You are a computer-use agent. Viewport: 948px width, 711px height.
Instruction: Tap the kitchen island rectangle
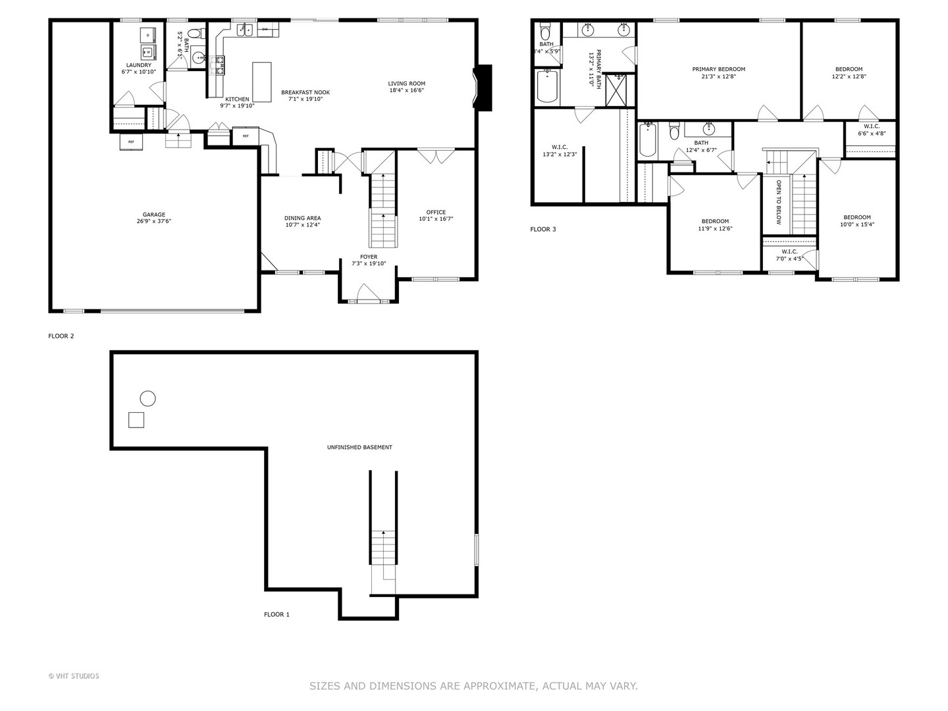(x=262, y=82)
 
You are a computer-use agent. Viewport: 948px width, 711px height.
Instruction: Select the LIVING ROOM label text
(x=406, y=84)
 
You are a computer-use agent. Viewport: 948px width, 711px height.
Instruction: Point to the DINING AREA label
(x=302, y=218)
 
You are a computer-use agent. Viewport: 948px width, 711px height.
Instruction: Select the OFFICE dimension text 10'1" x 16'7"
(x=436, y=219)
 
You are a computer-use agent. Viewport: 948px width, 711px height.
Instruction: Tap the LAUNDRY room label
(x=139, y=65)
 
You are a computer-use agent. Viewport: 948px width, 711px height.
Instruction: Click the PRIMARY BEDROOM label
(x=718, y=69)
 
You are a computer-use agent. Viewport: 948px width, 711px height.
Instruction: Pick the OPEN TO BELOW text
(x=778, y=202)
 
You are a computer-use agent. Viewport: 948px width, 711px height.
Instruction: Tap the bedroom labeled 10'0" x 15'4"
(x=857, y=221)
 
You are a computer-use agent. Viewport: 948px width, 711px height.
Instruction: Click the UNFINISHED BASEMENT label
(x=359, y=447)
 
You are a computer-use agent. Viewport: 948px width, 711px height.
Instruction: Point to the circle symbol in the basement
(x=148, y=398)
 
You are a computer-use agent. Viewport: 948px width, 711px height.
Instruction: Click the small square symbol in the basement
(x=136, y=420)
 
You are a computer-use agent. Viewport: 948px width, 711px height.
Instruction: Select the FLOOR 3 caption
(x=543, y=229)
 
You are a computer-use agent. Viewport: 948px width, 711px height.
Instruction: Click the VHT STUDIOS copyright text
(x=74, y=676)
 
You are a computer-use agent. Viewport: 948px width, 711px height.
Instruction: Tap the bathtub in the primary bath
(x=548, y=87)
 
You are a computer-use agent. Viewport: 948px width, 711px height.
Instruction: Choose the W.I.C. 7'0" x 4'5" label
(x=789, y=255)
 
